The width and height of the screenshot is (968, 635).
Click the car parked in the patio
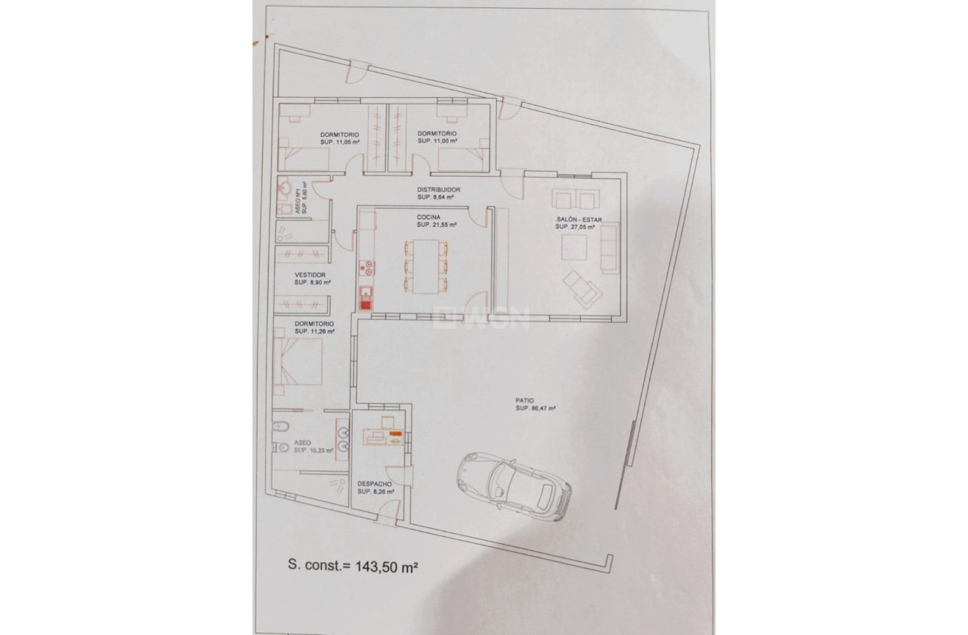(514, 486)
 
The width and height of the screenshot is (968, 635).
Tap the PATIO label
(525, 401)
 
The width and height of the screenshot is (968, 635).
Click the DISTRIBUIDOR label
(439, 189)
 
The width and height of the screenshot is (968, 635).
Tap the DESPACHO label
(373, 483)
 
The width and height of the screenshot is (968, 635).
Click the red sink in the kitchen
(365, 299)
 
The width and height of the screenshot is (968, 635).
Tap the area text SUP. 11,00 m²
(437, 141)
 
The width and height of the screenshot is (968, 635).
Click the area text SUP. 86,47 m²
(535, 408)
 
